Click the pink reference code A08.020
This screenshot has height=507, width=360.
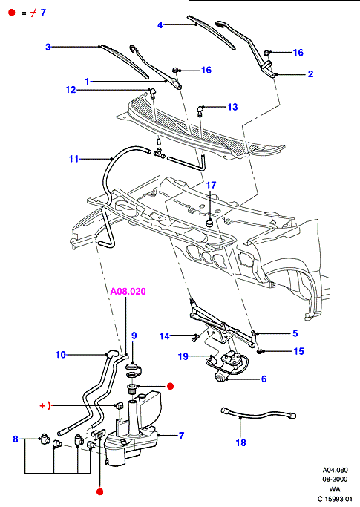point(128,291)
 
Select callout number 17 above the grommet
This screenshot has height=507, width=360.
point(211,186)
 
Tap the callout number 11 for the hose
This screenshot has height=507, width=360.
point(73,159)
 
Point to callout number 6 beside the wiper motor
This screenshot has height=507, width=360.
point(264,379)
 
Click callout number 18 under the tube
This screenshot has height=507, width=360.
point(241,442)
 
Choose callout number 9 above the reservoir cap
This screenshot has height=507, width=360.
point(134,336)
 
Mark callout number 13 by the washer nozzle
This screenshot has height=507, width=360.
point(232,107)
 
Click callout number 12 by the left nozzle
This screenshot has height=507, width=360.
point(71,90)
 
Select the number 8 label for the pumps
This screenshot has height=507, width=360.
point(16,439)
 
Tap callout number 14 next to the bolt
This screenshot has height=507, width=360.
point(164,336)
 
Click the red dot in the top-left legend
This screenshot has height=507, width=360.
point(12,13)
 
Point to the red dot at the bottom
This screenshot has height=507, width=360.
point(100,491)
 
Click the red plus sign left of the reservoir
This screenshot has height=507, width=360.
point(42,405)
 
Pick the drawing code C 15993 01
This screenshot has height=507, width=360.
point(335,499)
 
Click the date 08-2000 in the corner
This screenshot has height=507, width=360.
point(335,480)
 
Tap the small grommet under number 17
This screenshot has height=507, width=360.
point(210,223)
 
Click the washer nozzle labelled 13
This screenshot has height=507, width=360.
point(200,111)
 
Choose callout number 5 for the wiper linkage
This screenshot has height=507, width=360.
point(295,333)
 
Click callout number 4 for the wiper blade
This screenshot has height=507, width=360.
point(160,25)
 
